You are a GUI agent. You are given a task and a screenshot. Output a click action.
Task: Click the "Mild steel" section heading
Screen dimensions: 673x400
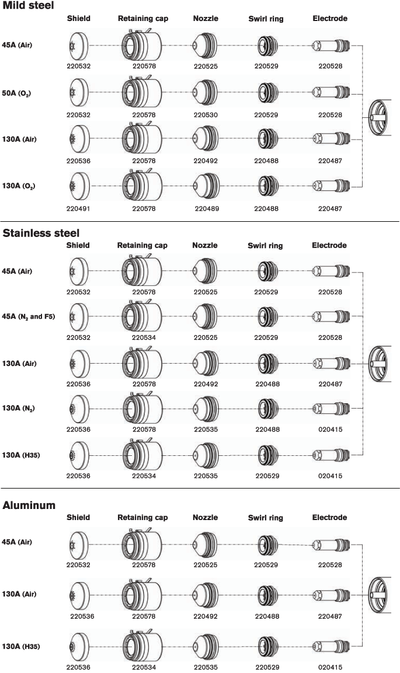(x=29, y=6)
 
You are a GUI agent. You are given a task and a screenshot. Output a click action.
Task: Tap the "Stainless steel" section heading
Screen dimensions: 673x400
(x=41, y=233)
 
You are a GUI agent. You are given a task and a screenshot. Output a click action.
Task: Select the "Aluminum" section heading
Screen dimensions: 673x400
(x=29, y=505)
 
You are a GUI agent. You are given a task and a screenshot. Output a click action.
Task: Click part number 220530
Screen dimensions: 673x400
(x=206, y=116)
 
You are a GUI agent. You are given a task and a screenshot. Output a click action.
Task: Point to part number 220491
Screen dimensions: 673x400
(x=79, y=208)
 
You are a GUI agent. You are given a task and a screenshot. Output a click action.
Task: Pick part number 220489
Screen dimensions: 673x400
(x=207, y=208)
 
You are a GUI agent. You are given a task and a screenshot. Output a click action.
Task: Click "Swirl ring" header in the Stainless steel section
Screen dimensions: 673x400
(x=266, y=246)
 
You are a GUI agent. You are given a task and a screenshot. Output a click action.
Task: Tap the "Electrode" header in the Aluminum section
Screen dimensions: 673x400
(x=330, y=518)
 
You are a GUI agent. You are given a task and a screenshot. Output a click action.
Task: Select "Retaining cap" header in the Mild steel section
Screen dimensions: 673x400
(x=143, y=19)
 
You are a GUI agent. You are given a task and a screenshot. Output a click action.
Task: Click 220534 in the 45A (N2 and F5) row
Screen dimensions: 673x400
(x=144, y=338)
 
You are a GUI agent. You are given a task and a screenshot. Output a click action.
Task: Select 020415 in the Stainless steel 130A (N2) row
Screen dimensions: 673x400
(x=331, y=430)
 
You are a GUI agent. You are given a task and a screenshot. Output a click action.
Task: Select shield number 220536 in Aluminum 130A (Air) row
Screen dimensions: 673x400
(x=82, y=616)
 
